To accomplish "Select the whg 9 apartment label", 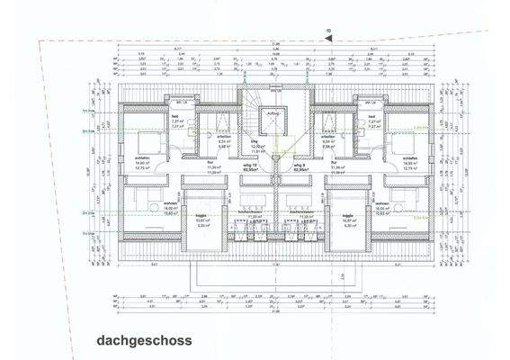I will click(299, 166).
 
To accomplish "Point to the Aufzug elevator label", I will click(275, 114).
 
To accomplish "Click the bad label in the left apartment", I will click(175, 117).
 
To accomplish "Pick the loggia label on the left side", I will click(203, 215).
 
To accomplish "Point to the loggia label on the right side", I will click(347, 215).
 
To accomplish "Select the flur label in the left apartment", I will click(213, 163).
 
